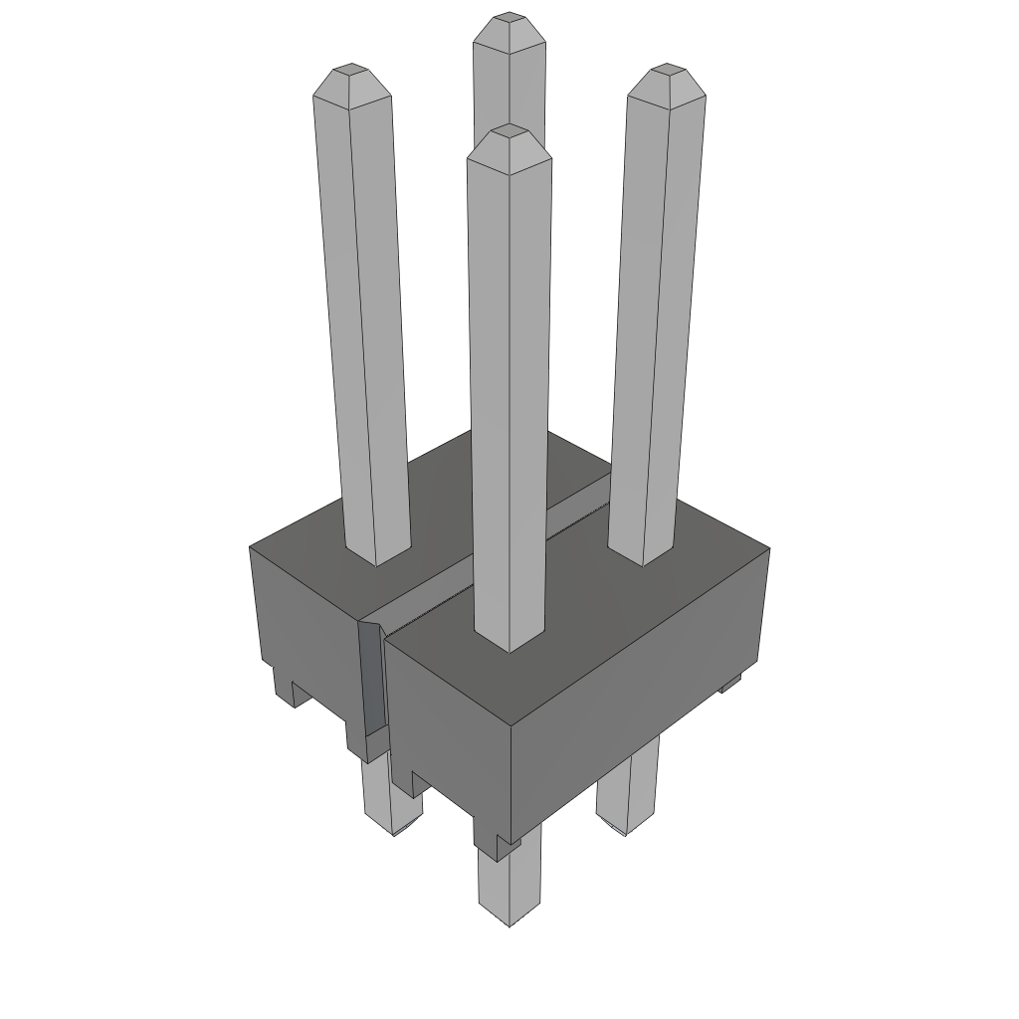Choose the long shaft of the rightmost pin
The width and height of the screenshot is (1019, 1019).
coord(655,318)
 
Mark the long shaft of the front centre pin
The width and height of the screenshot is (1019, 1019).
coord(509,398)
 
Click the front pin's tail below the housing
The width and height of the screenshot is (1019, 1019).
coord(509,886)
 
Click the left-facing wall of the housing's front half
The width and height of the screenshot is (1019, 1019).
coord(448,736)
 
